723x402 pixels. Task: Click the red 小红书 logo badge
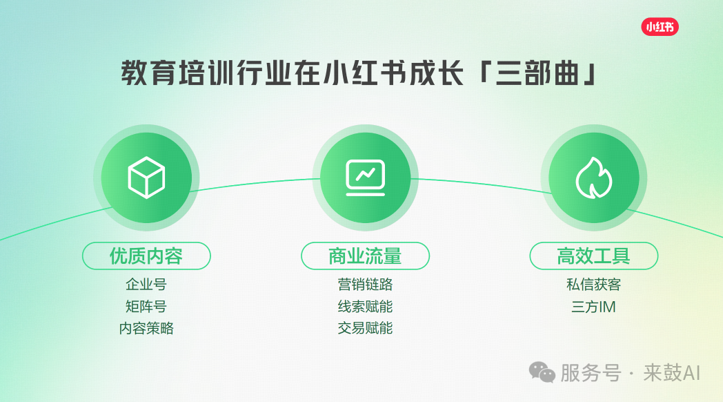[660, 27]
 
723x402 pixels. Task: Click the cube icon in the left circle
[146, 178]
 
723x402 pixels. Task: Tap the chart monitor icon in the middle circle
[365, 178]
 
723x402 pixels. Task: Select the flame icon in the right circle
[594, 178]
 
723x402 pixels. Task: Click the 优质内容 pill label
[146, 256]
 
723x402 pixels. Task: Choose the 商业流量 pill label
[365, 256]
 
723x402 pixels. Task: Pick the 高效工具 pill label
[594, 256]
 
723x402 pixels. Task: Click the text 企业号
[146, 285]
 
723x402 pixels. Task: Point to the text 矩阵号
[146, 307]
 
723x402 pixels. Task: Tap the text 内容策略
[146, 328]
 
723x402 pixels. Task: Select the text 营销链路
[365, 285]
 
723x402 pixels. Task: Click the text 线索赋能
[365, 307]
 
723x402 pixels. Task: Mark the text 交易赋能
[365, 328]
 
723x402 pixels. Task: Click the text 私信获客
[594, 285]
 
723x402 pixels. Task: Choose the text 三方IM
[594, 307]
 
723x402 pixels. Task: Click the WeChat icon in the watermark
[542, 372]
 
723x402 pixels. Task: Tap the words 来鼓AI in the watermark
[672, 373]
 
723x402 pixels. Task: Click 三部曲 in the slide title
[537, 73]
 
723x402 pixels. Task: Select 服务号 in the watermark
[591, 373]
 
